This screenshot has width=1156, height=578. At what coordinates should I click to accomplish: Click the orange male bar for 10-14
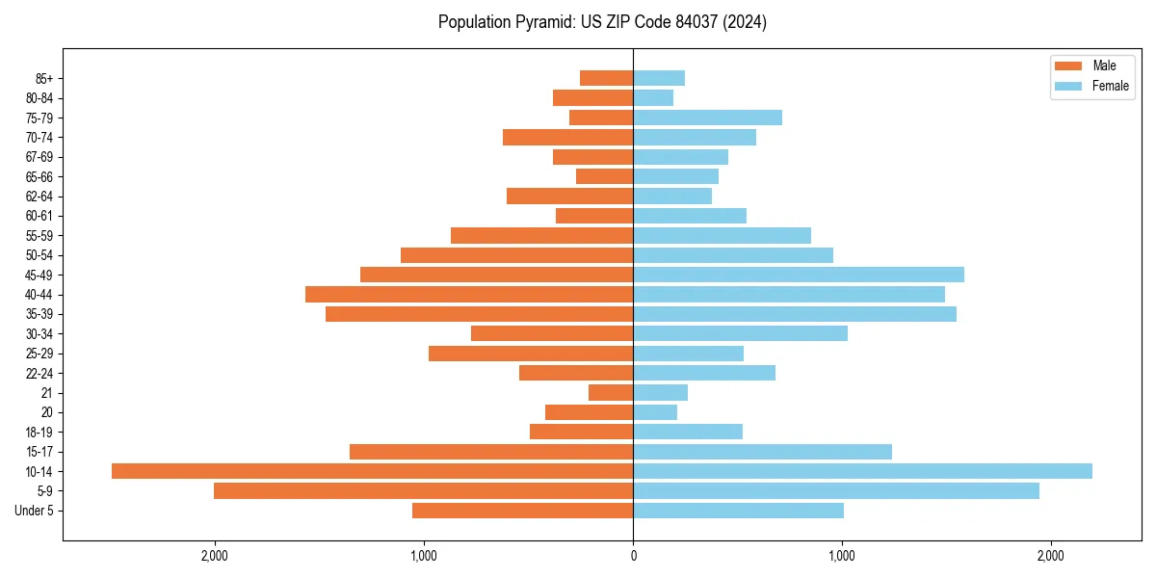(372, 471)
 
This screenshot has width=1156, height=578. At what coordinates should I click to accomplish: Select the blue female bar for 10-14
(862, 471)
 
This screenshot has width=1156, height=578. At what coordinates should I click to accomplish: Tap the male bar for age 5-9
(423, 490)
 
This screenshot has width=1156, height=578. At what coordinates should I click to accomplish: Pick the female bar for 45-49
(799, 275)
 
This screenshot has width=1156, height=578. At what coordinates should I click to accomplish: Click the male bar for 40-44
(469, 294)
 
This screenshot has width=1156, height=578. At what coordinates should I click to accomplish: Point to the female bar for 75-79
(707, 118)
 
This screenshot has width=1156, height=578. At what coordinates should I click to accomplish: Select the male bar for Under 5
(522, 511)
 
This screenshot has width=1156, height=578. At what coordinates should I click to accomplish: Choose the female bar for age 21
(660, 392)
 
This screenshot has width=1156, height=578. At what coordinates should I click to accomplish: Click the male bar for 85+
(606, 78)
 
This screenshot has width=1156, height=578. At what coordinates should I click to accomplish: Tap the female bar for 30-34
(740, 333)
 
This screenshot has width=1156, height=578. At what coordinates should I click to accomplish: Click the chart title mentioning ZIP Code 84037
(602, 22)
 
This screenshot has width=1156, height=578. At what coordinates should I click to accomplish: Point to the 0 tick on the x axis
(633, 556)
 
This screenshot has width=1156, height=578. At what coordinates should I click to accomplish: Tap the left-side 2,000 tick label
(214, 556)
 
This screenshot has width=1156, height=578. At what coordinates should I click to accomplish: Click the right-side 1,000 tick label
(842, 556)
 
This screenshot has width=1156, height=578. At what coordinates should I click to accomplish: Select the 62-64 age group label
(39, 197)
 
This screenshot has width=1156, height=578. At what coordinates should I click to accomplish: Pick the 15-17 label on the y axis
(39, 452)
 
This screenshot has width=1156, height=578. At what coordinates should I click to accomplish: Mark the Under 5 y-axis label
(35, 511)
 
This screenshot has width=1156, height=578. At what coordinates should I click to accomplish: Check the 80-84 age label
(39, 98)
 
